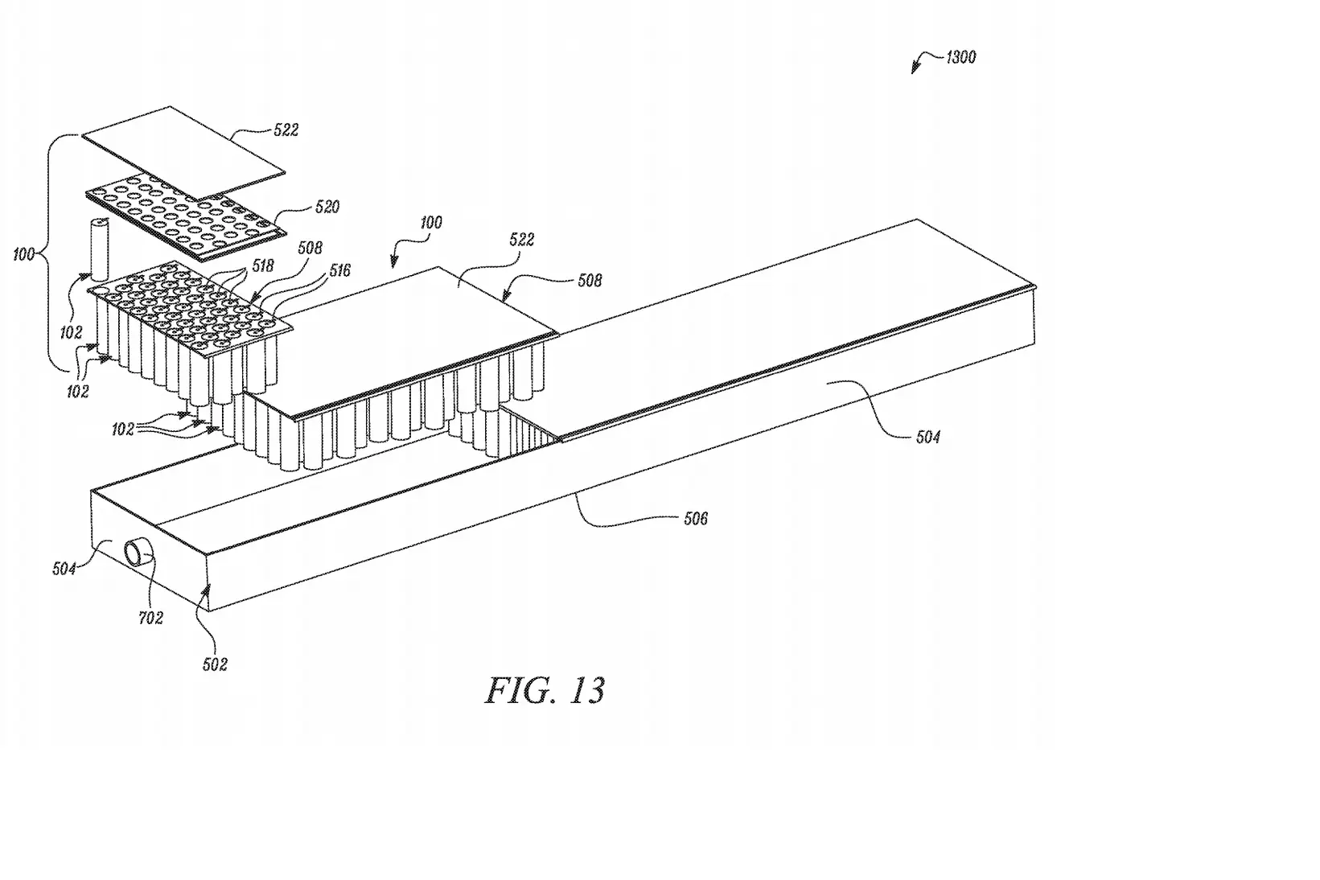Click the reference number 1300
coord(960,57)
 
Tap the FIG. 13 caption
coord(545,690)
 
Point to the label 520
coord(327,207)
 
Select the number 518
coord(263,265)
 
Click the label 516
coord(340,270)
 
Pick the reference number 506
coord(695,519)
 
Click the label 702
coord(151,618)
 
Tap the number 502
coord(215,665)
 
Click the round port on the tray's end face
coord(138,553)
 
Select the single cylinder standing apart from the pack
coord(101,249)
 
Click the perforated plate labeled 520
coord(186,218)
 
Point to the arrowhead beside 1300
coord(915,68)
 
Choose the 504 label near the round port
coord(64,569)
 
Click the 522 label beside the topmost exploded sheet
coord(286,130)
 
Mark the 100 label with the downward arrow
coord(431,223)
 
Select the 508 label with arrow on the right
coord(590,281)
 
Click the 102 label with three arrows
coord(122,430)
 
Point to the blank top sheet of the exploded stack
coord(183,154)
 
